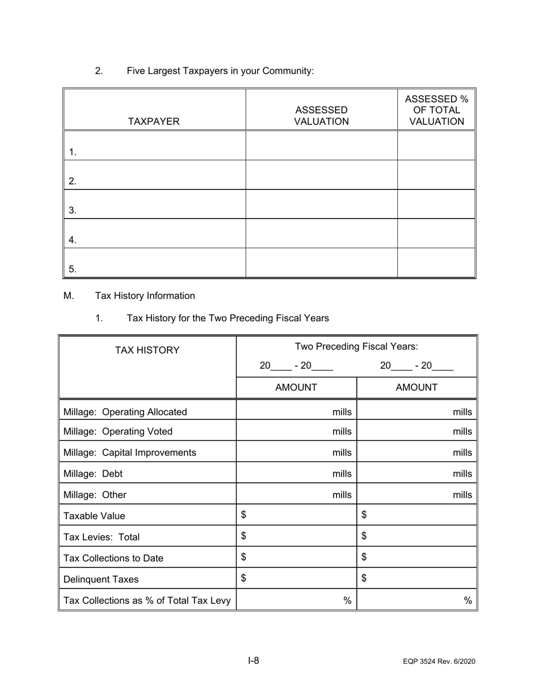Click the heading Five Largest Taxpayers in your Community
tap(220, 71)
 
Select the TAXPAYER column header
tap(154, 121)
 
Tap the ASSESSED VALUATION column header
tap(321, 116)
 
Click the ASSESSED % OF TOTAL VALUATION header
tap(436, 111)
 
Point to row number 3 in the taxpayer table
tap(73, 211)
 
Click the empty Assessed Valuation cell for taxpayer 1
tap(321, 145)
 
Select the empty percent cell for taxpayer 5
tap(436, 263)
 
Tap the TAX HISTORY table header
tap(148, 350)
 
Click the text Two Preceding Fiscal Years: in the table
tap(356, 347)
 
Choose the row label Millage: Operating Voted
tap(118, 431)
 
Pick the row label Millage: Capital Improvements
tap(130, 453)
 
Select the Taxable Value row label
tap(95, 516)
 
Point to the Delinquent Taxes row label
tap(101, 579)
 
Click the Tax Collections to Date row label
tap(113, 558)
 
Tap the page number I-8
tap(254, 661)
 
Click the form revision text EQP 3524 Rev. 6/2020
tap(439, 662)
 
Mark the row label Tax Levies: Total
tap(102, 537)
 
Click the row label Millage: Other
tap(95, 495)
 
